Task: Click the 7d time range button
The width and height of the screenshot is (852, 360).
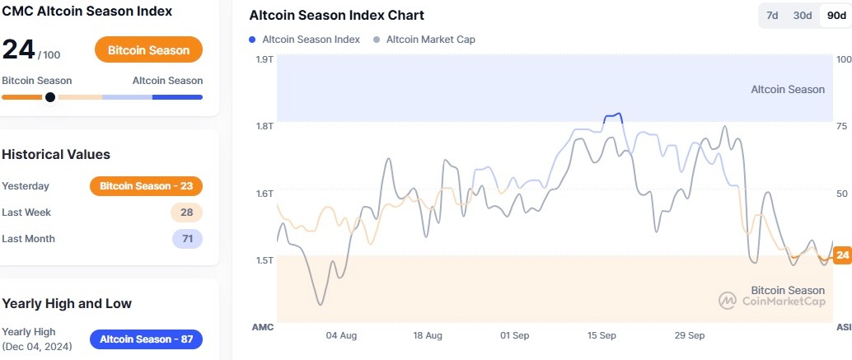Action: click(x=772, y=16)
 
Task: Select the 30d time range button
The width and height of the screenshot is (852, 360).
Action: click(x=802, y=16)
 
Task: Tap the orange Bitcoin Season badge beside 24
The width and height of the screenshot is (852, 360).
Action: click(x=148, y=50)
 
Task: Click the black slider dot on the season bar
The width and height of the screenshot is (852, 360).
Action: click(x=50, y=97)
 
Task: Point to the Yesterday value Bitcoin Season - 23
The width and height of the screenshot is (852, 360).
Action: click(x=146, y=186)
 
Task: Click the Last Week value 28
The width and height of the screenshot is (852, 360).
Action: click(x=186, y=213)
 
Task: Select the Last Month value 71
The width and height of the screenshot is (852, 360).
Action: click(x=186, y=239)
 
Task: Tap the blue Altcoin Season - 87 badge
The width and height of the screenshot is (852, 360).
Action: click(x=146, y=339)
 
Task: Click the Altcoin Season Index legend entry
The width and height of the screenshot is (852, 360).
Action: click(x=305, y=39)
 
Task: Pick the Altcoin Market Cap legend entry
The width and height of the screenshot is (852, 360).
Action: click(x=425, y=39)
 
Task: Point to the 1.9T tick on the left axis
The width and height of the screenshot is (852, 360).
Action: click(x=264, y=59)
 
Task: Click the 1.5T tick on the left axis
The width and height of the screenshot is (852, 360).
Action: click(x=264, y=260)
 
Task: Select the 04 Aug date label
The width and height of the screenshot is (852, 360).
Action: click(x=341, y=336)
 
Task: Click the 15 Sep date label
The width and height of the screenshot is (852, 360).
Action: click(x=602, y=336)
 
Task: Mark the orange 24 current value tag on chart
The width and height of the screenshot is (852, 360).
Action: click(x=842, y=255)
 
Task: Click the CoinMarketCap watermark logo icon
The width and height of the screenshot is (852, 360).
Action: click(x=727, y=301)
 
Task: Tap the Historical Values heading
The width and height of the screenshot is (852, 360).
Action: click(x=56, y=155)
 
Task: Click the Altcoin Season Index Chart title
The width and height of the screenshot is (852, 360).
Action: click(x=337, y=16)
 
